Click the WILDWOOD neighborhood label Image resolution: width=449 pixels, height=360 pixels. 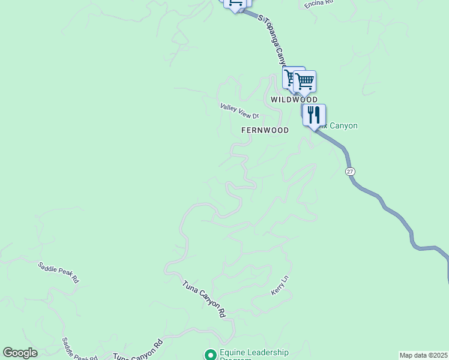[x=294, y=100]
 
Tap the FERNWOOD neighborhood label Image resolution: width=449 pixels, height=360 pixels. [x=265, y=130]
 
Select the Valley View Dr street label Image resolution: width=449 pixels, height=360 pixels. [x=239, y=111]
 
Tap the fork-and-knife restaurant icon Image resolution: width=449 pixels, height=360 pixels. [x=314, y=114]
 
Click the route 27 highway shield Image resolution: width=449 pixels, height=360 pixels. [x=351, y=172]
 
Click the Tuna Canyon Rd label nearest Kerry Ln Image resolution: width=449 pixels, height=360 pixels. [x=204, y=298]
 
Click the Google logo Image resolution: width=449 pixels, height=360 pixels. [x=20, y=353]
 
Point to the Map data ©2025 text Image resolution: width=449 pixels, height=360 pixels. [x=424, y=355]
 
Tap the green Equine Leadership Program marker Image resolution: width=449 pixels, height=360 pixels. [x=210, y=355]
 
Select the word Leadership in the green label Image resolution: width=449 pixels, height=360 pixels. [x=268, y=352]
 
